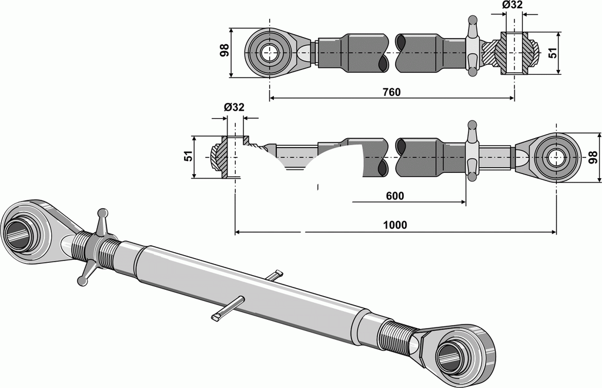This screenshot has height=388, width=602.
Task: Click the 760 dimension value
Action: (391, 92)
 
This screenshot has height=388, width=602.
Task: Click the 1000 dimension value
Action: (394, 225)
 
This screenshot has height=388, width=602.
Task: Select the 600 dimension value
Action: (394, 196)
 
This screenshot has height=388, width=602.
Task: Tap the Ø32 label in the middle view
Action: (234, 107)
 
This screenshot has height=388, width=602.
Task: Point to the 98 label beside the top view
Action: (224, 52)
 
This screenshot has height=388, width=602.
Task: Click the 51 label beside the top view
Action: (552, 53)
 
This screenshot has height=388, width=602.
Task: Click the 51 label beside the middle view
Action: (188, 158)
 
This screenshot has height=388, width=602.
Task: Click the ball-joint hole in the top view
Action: (270, 52)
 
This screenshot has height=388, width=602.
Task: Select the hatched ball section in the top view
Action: (515, 53)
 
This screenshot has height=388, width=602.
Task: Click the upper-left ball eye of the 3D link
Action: (21, 234)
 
